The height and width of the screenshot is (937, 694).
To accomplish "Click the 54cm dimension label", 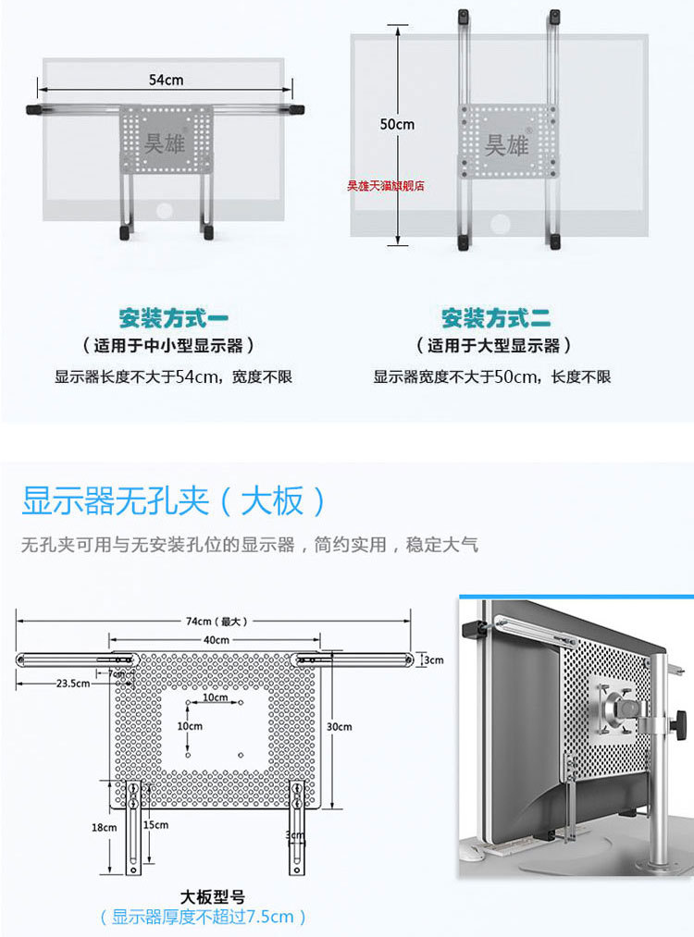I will (x=166, y=80).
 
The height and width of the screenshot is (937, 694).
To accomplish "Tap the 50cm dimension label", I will (x=397, y=124).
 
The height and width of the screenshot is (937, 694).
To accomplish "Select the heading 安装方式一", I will (x=173, y=319).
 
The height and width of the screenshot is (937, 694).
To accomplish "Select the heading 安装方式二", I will (x=496, y=319).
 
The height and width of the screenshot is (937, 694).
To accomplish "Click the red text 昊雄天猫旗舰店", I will (x=385, y=185).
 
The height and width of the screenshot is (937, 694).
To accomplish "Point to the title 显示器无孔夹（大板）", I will (x=175, y=502).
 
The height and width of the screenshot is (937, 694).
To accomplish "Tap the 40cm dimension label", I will (x=216, y=640).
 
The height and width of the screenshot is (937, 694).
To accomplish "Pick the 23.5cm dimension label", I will (x=73, y=684).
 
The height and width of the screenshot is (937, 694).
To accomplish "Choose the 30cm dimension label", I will (x=341, y=726).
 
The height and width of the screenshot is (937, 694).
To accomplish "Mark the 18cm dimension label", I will (x=104, y=828).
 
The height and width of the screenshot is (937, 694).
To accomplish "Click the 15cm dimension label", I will (x=156, y=824).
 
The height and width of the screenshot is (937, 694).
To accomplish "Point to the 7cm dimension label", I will (x=118, y=674).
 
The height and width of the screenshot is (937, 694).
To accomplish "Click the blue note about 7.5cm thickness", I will (x=203, y=917).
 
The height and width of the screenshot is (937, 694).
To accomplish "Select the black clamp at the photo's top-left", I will (x=477, y=628).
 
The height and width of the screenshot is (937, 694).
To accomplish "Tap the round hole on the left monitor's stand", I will (x=165, y=211).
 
